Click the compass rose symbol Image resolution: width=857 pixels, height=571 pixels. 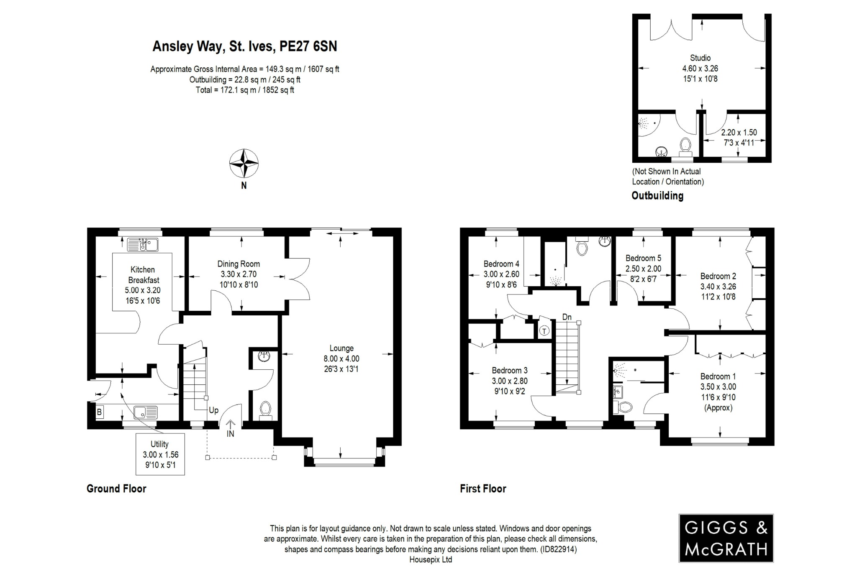tap(244, 164)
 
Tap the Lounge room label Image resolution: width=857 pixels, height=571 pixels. tap(341, 348)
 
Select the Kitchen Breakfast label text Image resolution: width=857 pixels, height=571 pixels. tap(142, 275)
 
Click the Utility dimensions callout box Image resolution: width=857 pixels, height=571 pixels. tap(159, 454)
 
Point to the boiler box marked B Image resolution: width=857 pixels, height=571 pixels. tap(99, 412)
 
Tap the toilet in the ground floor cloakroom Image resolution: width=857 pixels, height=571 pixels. tap(265, 409)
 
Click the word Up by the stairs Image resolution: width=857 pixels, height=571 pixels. tap(213, 410)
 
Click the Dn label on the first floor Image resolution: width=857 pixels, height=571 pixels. tap(567, 317)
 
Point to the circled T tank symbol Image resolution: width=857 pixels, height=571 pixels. tap(544, 331)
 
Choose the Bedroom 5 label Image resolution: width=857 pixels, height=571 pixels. tap(643, 258)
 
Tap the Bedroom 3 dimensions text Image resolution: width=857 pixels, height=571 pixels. tap(509, 386)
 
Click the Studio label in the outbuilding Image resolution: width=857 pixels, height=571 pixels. tap(700, 58)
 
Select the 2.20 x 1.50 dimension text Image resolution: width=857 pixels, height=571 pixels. tap(739, 133)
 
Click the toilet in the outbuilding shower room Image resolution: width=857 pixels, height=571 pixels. tap(685, 145)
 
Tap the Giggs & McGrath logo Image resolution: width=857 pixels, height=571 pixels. tap(726, 538)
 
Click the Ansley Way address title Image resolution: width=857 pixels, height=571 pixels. tap(244, 46)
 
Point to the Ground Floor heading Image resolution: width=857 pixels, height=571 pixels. tap(116, 489)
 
